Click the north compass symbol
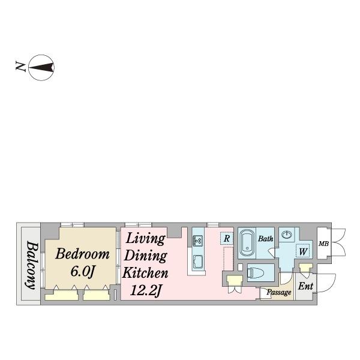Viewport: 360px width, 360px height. tap(41, 67)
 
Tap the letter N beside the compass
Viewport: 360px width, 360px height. tap(20, 67)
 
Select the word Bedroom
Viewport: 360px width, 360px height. tap(82, 254)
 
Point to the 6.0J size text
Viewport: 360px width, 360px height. tap(83, 272)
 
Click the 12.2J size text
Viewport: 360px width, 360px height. tap(145, 290)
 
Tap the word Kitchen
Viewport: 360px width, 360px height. tap(145, 273)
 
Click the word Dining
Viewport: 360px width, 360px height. tap(145, 256)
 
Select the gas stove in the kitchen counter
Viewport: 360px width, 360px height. tap(197, 241)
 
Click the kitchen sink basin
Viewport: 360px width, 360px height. tap(197, 262)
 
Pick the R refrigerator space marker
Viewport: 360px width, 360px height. tap(227, 239)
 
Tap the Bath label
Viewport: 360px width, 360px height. tap(266, 239)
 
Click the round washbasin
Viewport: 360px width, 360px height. tap(287, 235)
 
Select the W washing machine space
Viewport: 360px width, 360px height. tap(303, 251)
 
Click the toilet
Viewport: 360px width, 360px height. tap(256, 273)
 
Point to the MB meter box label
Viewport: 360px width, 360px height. tap(323, 244)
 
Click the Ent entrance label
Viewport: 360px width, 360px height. tap(305, 286)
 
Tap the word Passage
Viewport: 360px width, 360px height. tap(279, 292)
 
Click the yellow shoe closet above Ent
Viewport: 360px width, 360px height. tap(306, 267)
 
